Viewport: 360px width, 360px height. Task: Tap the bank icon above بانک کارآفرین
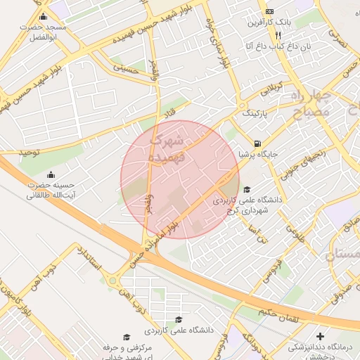pyautogui.click(x=269, y=12)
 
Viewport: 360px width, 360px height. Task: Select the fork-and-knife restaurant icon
pyautogui.click(x=279, y=34)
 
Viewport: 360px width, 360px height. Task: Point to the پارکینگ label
pyautogui.click(x=255, y=112)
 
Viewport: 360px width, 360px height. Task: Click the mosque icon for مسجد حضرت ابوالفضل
pyautogui.click(x=44, y=17)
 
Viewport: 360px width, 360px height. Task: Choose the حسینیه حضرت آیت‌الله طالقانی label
pyautogui.click(x=51, y=190)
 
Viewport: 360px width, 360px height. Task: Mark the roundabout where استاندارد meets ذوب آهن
pyautogui.click(x=112, y=281)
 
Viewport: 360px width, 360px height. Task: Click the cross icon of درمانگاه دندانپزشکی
pyautogui.click(x=321, y=337)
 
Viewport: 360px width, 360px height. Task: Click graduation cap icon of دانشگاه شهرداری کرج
pyautogui.click(x=246, y=189)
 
